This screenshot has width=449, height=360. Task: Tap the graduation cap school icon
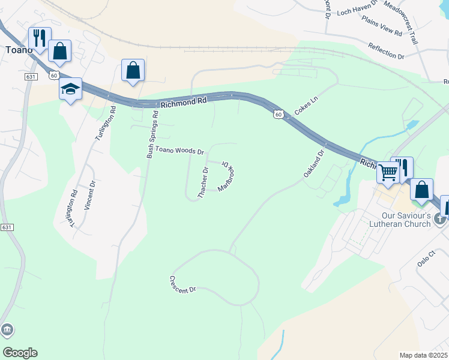(x=70, y=89)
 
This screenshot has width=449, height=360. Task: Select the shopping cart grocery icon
(x=388, y=172)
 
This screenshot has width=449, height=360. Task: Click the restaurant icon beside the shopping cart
(x=402, y=166)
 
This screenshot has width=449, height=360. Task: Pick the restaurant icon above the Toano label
(x=39, y=38)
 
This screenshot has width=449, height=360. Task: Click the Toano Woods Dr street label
(x=180, y=150)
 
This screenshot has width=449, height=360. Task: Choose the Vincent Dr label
(x=89, y=196)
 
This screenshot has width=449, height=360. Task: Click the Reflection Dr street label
(x=386, y=51)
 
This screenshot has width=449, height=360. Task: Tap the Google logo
(x=20, y=353)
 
